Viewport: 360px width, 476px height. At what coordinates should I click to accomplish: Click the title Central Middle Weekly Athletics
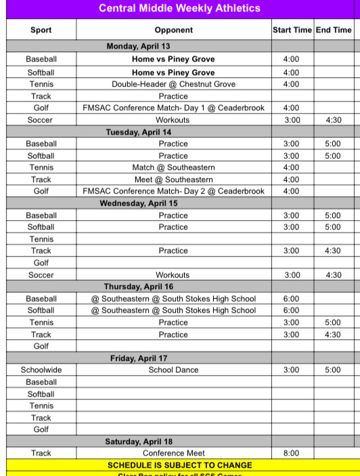click(179, 9)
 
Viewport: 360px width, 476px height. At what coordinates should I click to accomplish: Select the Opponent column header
click(173, 30)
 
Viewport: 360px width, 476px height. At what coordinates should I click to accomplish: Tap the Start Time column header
click(292, 30)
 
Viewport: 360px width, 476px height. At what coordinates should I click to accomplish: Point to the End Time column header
click(334, 30)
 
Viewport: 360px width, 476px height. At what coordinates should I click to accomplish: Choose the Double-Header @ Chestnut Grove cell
click(173, 84)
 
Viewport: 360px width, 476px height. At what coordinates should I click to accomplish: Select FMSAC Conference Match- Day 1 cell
click(173, 108)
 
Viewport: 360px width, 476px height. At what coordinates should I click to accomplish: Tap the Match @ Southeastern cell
click(173, 167)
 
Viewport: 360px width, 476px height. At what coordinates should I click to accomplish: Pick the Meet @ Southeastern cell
click(173, 179)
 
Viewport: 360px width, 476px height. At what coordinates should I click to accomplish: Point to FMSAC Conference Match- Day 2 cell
click(173, 191)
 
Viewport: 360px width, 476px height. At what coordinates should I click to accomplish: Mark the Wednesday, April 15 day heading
click(139, 203)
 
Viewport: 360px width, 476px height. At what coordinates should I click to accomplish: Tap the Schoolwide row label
click(41, 370)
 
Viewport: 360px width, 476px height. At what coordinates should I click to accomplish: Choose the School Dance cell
click(173, 370)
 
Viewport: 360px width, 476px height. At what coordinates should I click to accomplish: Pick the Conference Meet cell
click(173, 453)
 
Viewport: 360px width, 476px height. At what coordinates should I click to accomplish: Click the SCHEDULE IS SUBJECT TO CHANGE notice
click(179, 465)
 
